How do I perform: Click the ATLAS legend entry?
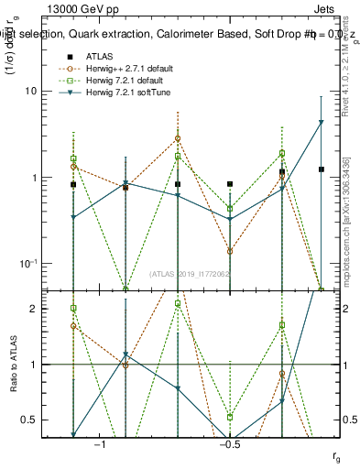(x=100, y=56)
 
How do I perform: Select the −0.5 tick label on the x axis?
(x=229, y=445)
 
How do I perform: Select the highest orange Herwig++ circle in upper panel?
(x=178, y=138)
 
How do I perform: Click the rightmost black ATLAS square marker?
(x=321, y=169)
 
